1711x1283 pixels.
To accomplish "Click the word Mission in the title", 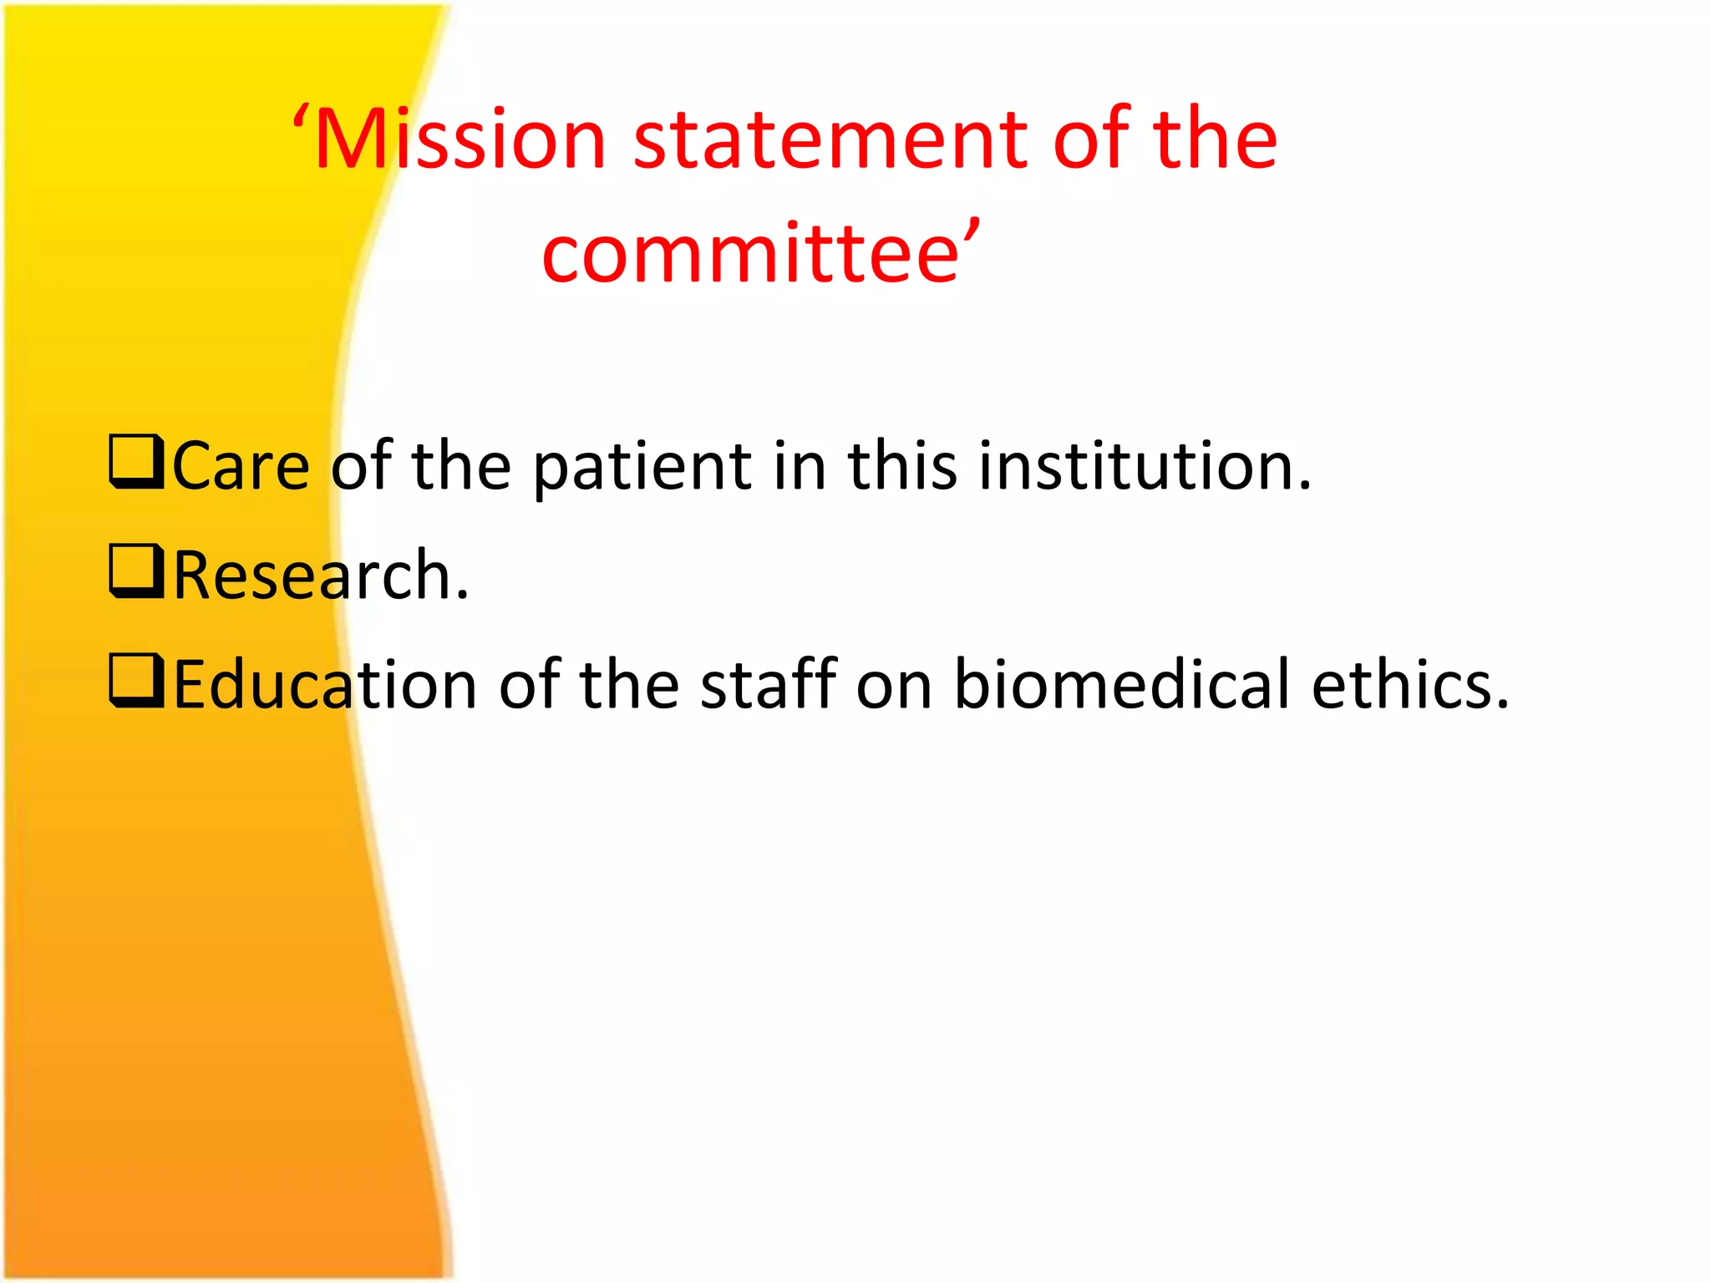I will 460,139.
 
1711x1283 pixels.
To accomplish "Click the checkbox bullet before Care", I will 135,462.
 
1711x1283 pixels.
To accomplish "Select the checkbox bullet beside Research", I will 135,572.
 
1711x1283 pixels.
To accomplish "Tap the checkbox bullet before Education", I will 135,682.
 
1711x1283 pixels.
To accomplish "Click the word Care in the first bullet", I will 241,466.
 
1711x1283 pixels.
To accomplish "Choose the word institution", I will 1145,466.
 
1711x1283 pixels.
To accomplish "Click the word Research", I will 321,576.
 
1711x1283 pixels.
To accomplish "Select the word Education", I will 325,685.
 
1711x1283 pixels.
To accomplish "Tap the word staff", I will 769,685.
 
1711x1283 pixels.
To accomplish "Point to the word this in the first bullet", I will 902,466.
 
